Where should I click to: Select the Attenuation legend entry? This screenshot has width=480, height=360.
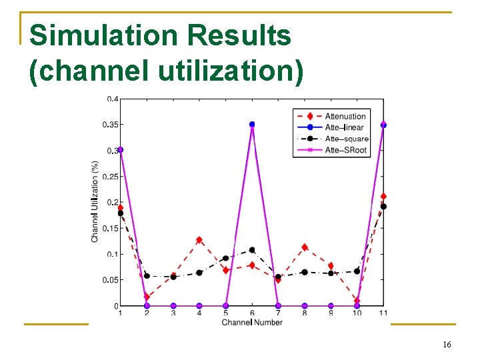[x=345, y=116]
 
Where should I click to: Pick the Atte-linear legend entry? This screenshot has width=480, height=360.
[x=344, y=127]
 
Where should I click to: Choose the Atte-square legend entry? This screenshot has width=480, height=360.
[x=347, y=139]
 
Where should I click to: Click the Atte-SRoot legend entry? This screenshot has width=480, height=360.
[x=345, y=150]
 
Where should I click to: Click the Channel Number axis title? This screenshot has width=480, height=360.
[x=252, y=323]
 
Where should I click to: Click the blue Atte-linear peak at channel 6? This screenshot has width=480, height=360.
[x=252, y=125]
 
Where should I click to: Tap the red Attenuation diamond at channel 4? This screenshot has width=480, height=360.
[x=199, y=240]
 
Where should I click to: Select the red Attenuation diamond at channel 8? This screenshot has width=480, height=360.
[x=305, y=247]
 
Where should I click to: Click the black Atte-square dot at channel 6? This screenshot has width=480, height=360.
[x=252, y=250]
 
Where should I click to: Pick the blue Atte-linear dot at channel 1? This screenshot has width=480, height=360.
[x=120, y=150]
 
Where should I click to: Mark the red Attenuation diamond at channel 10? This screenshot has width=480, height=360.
[x=357, y=301]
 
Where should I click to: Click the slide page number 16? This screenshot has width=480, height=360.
[x=447, y=344]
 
